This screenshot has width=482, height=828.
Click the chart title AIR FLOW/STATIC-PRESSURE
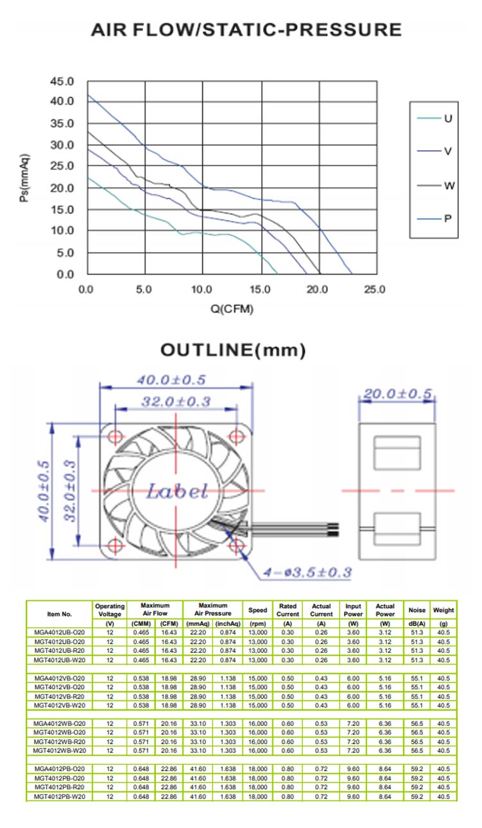tap(246, 30)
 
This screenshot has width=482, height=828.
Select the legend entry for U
tap(435, 118)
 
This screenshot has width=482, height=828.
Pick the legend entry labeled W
tap(435, 185)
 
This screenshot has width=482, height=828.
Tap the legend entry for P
tap(435, 219)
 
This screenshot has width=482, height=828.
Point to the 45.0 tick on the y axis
tap(62, 81)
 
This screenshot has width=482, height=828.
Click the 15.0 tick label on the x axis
tap(260, 289)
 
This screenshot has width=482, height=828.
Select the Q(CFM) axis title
tap(232, 308)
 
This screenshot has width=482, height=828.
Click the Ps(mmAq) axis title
tap(24, 178)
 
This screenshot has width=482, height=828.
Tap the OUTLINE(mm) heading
tap(233, 350)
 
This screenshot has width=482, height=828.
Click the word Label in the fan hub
tap(177, 492)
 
